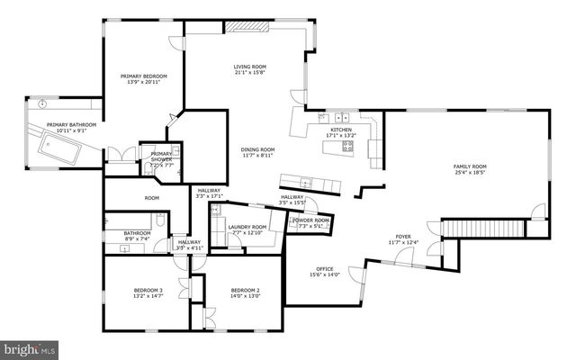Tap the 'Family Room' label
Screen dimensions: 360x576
469,166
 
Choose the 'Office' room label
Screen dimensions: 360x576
324,269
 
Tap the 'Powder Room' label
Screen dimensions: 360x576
310,220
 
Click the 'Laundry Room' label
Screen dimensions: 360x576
247,227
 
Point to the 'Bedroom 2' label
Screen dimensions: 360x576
245,290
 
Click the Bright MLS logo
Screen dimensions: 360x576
31,347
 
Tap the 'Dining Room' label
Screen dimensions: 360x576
257,149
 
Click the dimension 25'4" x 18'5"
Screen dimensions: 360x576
469,173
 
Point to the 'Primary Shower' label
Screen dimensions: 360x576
160,157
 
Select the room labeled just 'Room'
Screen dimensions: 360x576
151,198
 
